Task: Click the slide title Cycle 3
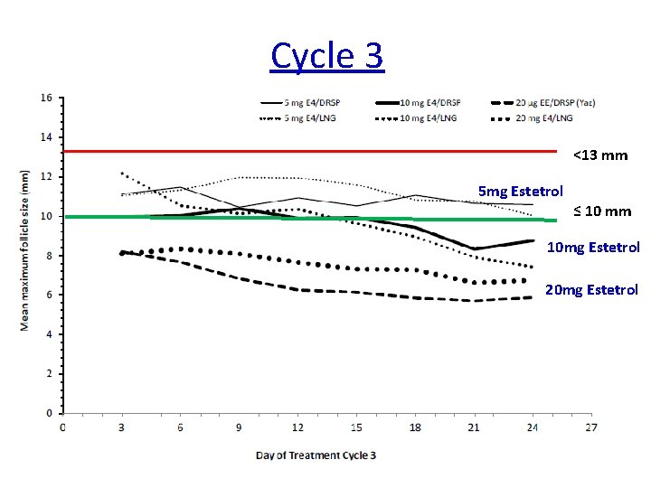[326, 56]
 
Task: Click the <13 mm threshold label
[599, 155]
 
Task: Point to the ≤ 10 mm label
[601, 211]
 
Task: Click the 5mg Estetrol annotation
[520, 192]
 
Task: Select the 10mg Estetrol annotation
[593, 247]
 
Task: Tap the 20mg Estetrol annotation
[592, 289]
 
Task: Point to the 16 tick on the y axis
[46, 98]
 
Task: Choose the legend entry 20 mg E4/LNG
[543, 117]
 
